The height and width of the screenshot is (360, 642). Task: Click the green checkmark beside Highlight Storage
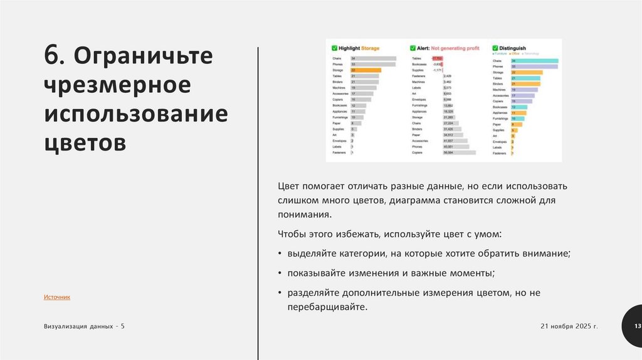[x=334, y=48]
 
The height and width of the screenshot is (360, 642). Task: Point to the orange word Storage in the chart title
[x=388, y=48]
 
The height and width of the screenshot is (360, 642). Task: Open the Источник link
[x=57, y=297]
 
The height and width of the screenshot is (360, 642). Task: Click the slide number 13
[x=637, y=327]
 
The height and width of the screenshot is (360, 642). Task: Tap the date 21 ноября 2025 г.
[x=569, y=327]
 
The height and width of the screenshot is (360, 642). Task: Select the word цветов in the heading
[x=85, y=142]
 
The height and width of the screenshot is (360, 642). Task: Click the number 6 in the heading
[x=52, y=56]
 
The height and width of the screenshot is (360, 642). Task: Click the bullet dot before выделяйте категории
[x=280, y=254]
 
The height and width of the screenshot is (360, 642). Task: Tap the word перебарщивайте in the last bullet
[x=325, y=307]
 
